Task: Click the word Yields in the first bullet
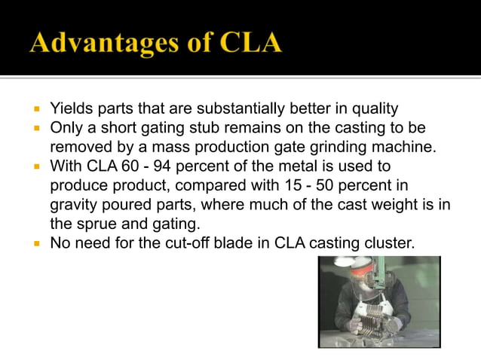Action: pyautogui.click(x=69, y=109)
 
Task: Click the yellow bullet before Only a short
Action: pyautogui.click(x=36, y=127)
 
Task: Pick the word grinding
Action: pyautogui.click(x=333, y=145)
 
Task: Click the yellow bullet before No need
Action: pyautogui.click(x=36, y=243)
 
